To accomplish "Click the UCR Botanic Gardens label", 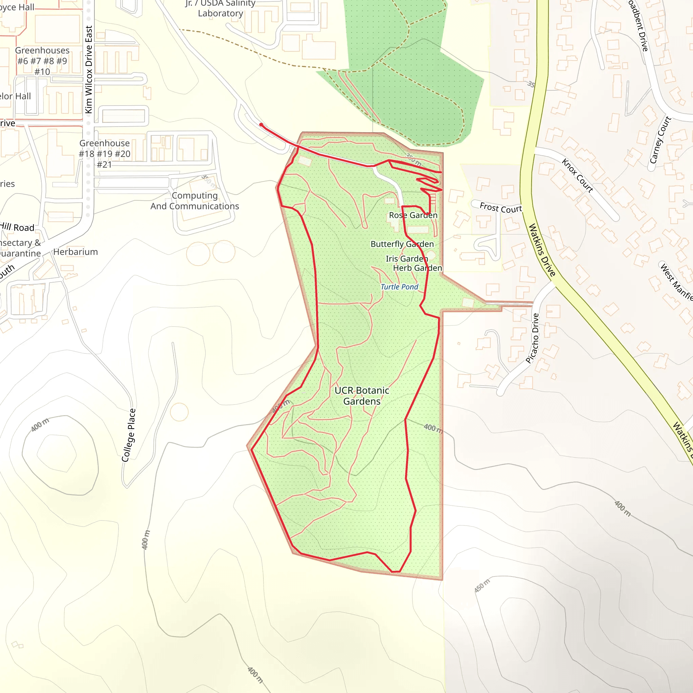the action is (362, 396).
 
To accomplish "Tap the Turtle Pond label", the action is (399, 287).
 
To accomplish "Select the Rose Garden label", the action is (413, 215).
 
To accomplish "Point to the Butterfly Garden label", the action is (402, 244).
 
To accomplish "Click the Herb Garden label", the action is (418, 268).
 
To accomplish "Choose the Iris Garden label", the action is (407, 259).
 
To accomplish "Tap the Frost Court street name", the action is (501, 208).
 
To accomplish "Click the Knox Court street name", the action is (577, 175).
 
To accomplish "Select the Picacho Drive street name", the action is (532, 338).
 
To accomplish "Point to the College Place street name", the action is (128, 435).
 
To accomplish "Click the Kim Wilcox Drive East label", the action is (89, 70).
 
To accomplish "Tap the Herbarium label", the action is (75, 252).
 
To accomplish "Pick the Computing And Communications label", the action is (195, 201).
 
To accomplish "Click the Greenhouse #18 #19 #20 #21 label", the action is (104, 154).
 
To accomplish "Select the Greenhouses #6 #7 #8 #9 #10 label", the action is (42, 61).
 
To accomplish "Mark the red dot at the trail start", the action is (261, 125).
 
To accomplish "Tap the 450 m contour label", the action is (482, 586).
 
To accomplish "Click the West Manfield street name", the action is (676, 282).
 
